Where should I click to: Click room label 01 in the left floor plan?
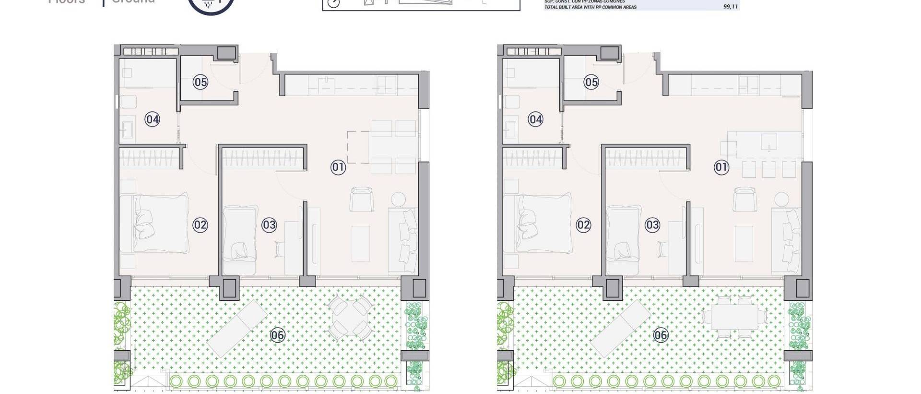[338, 167]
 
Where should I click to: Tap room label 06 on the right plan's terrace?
[661, 335]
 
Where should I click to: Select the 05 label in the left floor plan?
[201, 82]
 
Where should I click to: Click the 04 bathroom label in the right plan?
[535, 119]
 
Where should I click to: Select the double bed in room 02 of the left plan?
[161, 223]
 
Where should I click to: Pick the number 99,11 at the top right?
[730, 7]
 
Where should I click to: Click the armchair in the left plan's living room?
[361, 199]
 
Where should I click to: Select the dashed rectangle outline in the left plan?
[358, 147]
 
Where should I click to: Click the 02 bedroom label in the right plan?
[583, 225]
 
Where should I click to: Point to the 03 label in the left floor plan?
[269, 225]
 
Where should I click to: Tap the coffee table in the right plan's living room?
[744, 244]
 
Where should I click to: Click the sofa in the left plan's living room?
[403, 240]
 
